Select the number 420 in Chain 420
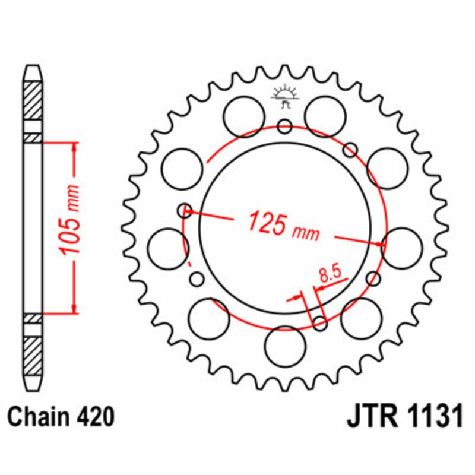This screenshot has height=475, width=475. [x=93, y=417]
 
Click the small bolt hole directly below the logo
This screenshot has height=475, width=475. [x=284, y=126]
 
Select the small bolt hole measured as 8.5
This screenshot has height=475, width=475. [x=320, y=323]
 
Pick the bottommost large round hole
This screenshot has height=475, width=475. [x=284, y=346]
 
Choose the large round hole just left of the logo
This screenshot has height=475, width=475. [x=244, y=112]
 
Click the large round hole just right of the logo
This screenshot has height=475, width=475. [x=325, y=112]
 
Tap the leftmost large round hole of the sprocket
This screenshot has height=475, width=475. [x=167, y=248]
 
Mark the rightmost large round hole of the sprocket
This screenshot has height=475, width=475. [x=403, y=247]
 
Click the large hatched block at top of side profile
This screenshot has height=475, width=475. [x=33, y=99]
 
